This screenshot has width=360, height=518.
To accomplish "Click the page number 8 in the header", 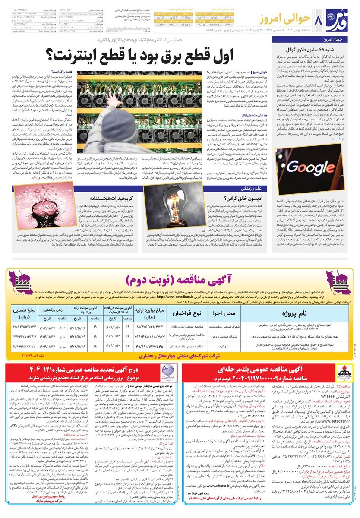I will [x=319, y=20].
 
